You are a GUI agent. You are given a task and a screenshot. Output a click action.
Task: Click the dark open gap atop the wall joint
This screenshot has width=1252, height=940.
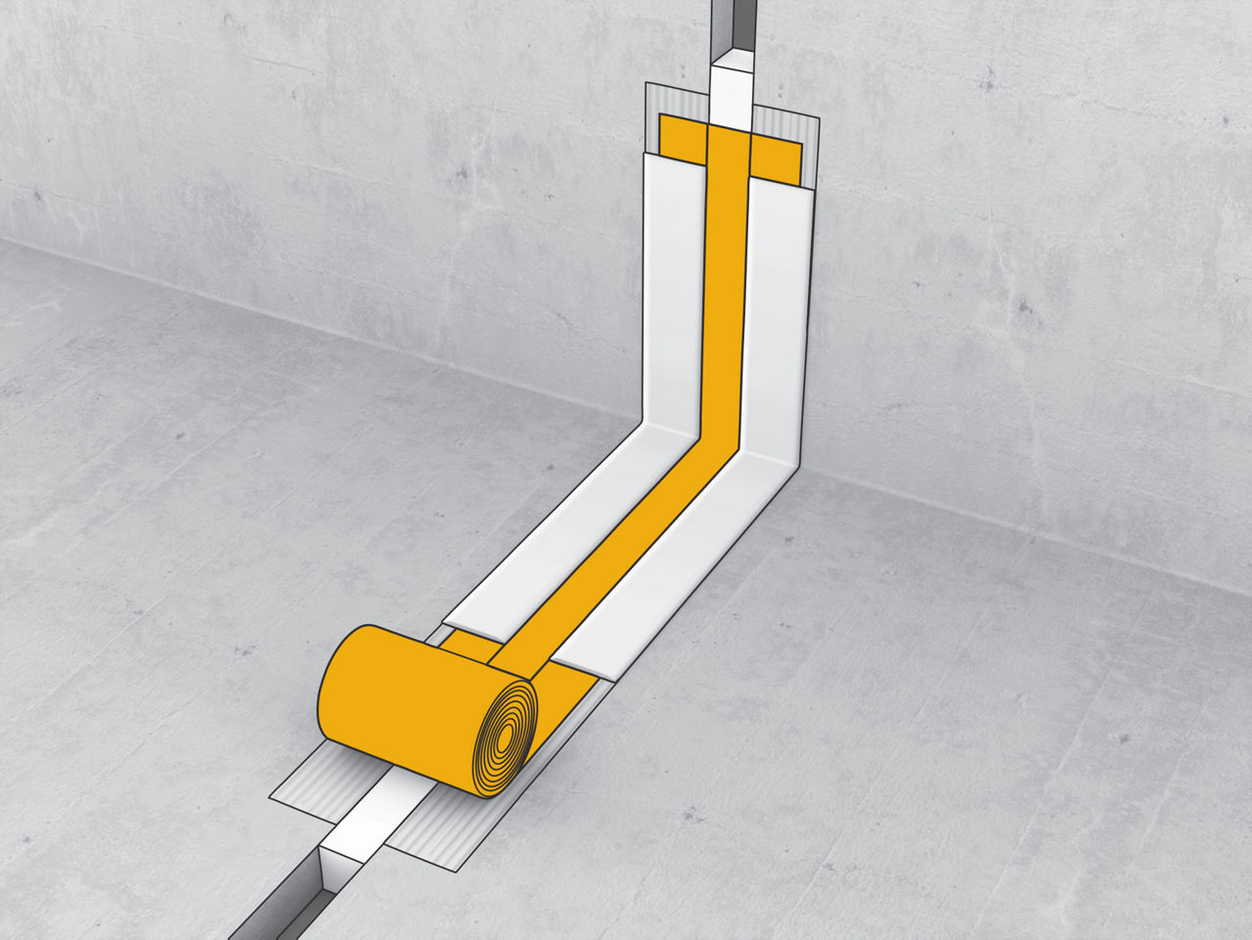coord(732,24)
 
